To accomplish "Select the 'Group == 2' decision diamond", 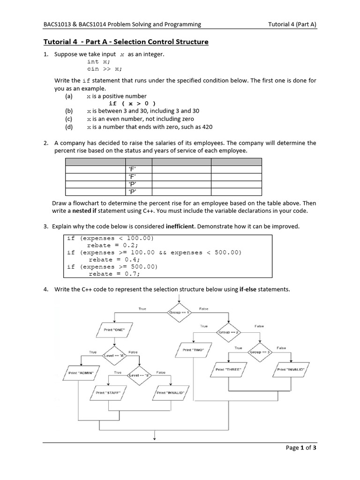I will [228, 332].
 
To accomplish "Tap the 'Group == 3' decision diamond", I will [259, 352].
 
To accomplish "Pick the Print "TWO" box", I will [193, 350].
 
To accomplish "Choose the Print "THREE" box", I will [228, 369].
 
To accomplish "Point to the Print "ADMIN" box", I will [81, 373].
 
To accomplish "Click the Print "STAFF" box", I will [108, 393].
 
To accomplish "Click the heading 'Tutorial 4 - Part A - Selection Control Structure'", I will [126, 42].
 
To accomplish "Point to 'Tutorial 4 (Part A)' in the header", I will [292, 24].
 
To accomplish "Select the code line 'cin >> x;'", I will [104, 68].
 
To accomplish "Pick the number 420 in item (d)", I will [207, 127].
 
